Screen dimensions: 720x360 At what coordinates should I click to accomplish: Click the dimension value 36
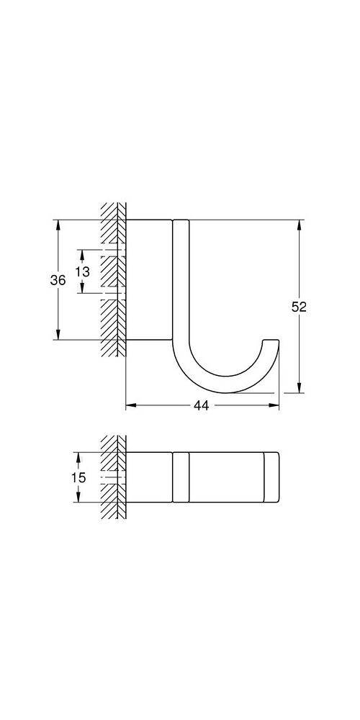pyautogui.click(x=58, y=280)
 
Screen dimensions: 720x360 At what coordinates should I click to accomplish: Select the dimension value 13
pyautogui.click(x=82, y=271)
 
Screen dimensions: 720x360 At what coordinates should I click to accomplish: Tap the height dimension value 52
pyautogui.click(x=299, y=307)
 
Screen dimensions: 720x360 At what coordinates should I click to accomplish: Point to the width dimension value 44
pyautogui.click(x=201, y=406)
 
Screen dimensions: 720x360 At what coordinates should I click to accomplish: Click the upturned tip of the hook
pyautogui.click(x=271, y=343)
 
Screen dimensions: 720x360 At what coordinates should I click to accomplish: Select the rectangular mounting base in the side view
pyautogui.click(x=149, y=278)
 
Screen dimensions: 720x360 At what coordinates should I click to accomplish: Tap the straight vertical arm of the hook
pyautogui.click(x=180, y=281)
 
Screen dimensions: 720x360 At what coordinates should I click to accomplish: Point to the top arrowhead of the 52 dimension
pyautogui.click(x=299, y=223)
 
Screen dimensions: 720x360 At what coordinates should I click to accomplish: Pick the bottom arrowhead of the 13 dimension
pyautogui.click(x=82, y=289)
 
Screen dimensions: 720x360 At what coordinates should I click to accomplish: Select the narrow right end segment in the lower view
pyautogui.click(x=271, y=477)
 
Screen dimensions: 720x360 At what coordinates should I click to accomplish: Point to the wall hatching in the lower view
pyautogui.click(x=112, y=477)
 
